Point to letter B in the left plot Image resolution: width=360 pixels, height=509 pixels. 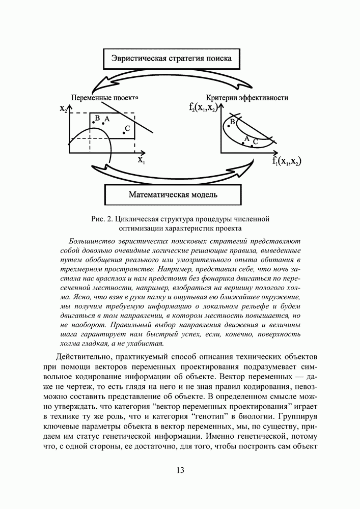click(97, 119)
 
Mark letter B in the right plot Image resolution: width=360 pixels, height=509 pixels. click(232, 121)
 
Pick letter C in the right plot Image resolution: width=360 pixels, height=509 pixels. click(256, 142)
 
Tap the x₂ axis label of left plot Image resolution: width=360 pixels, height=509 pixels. click(63, 108)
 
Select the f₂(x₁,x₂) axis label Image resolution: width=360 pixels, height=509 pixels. click(203, 107)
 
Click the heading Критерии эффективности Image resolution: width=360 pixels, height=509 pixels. click(247, 97)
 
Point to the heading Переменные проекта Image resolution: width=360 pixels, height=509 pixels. click(105, 97)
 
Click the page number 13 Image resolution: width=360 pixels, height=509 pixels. click(180, 469)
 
